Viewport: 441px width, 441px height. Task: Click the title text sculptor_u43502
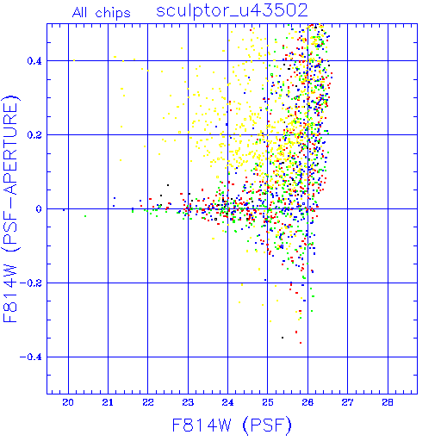[232, 11]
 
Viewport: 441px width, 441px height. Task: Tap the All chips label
[102, 13]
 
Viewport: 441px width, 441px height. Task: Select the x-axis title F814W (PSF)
[232, 425]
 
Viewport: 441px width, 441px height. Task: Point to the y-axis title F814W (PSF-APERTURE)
[10, 208]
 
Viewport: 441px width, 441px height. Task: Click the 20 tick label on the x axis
[68, 402]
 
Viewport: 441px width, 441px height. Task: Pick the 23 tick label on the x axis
[188, 402]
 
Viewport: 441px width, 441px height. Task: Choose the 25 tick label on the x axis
[268, 402]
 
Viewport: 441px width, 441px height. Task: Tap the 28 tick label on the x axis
[388, 402]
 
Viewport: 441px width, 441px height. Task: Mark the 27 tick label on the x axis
[347, 402]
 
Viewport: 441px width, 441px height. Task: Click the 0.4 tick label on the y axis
[34, 61]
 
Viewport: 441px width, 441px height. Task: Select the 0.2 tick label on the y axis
[34, 135]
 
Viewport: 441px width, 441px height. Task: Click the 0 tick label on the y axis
[39, 209]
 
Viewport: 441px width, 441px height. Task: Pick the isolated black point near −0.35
[283, 338]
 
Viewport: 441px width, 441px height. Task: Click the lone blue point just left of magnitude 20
[64, 210]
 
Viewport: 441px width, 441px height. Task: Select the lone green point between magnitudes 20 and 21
[85, 216]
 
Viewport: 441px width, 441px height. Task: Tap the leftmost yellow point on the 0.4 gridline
[74, 60]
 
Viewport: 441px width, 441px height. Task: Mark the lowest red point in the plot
[301, 343]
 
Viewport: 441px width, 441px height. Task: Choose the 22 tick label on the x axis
[148, 402]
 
